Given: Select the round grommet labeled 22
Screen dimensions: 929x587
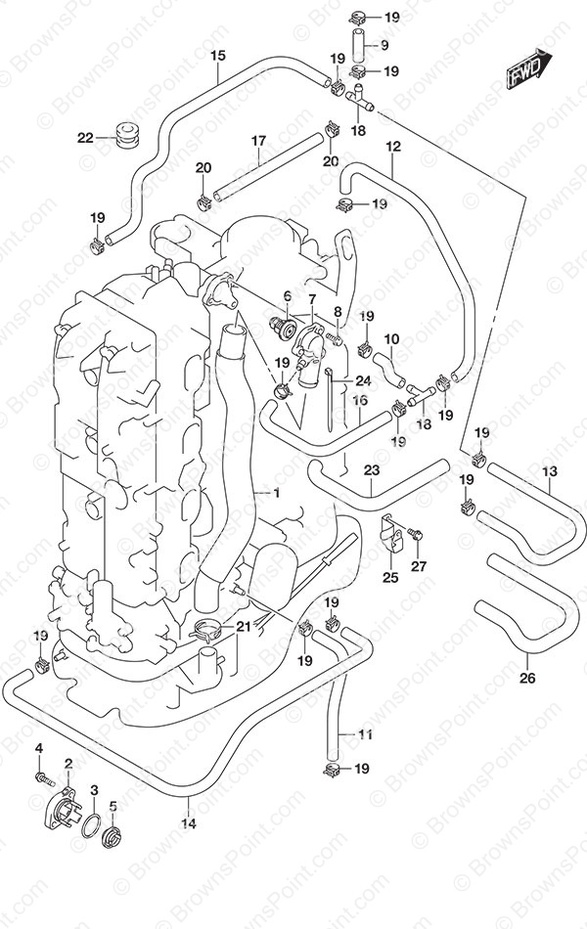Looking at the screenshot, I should pyautogui.click(x=124, y=135).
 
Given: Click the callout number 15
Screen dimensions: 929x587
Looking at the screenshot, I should pyautogui.click(x=217, y=56).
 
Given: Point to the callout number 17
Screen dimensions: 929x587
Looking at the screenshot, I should pyautogui.click(x=258, y=141).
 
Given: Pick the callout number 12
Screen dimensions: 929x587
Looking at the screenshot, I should pyautogui.click(x=393, y=147).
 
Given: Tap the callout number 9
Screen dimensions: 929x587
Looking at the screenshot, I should pyautogui.click(x=384, y=45).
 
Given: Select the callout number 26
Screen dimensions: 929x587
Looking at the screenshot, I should pyautogui.click(x=527, y=680).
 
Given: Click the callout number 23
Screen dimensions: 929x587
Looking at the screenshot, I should pyautogui.click(x=371, y=470).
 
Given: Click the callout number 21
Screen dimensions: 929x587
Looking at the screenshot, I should pyautogui.click(x=245, y=626).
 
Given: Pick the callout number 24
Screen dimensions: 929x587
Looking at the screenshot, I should pyautogui.click(x=362, y=380).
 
